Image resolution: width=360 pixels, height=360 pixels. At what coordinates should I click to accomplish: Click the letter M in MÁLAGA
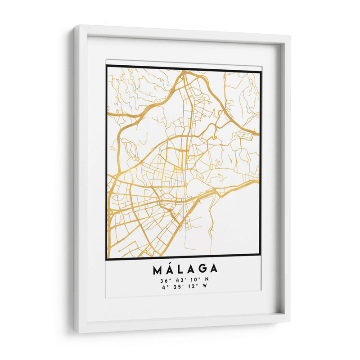point(157,270)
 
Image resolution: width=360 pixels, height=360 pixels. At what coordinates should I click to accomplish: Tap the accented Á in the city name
point(170,269)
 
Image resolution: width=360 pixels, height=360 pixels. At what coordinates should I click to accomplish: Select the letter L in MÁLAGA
point(181,270)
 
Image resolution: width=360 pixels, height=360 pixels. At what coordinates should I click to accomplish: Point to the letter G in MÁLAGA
point(202,270)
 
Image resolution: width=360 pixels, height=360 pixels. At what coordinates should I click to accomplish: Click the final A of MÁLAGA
point(214,270)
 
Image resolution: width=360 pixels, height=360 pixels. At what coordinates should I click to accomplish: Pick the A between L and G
point(191,270)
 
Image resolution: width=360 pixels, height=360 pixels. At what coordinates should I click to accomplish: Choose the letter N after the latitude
point(207,281)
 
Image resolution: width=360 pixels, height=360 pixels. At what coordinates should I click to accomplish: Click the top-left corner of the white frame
point(75,27)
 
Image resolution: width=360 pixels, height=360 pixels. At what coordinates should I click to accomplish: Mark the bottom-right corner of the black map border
point(260,255)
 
